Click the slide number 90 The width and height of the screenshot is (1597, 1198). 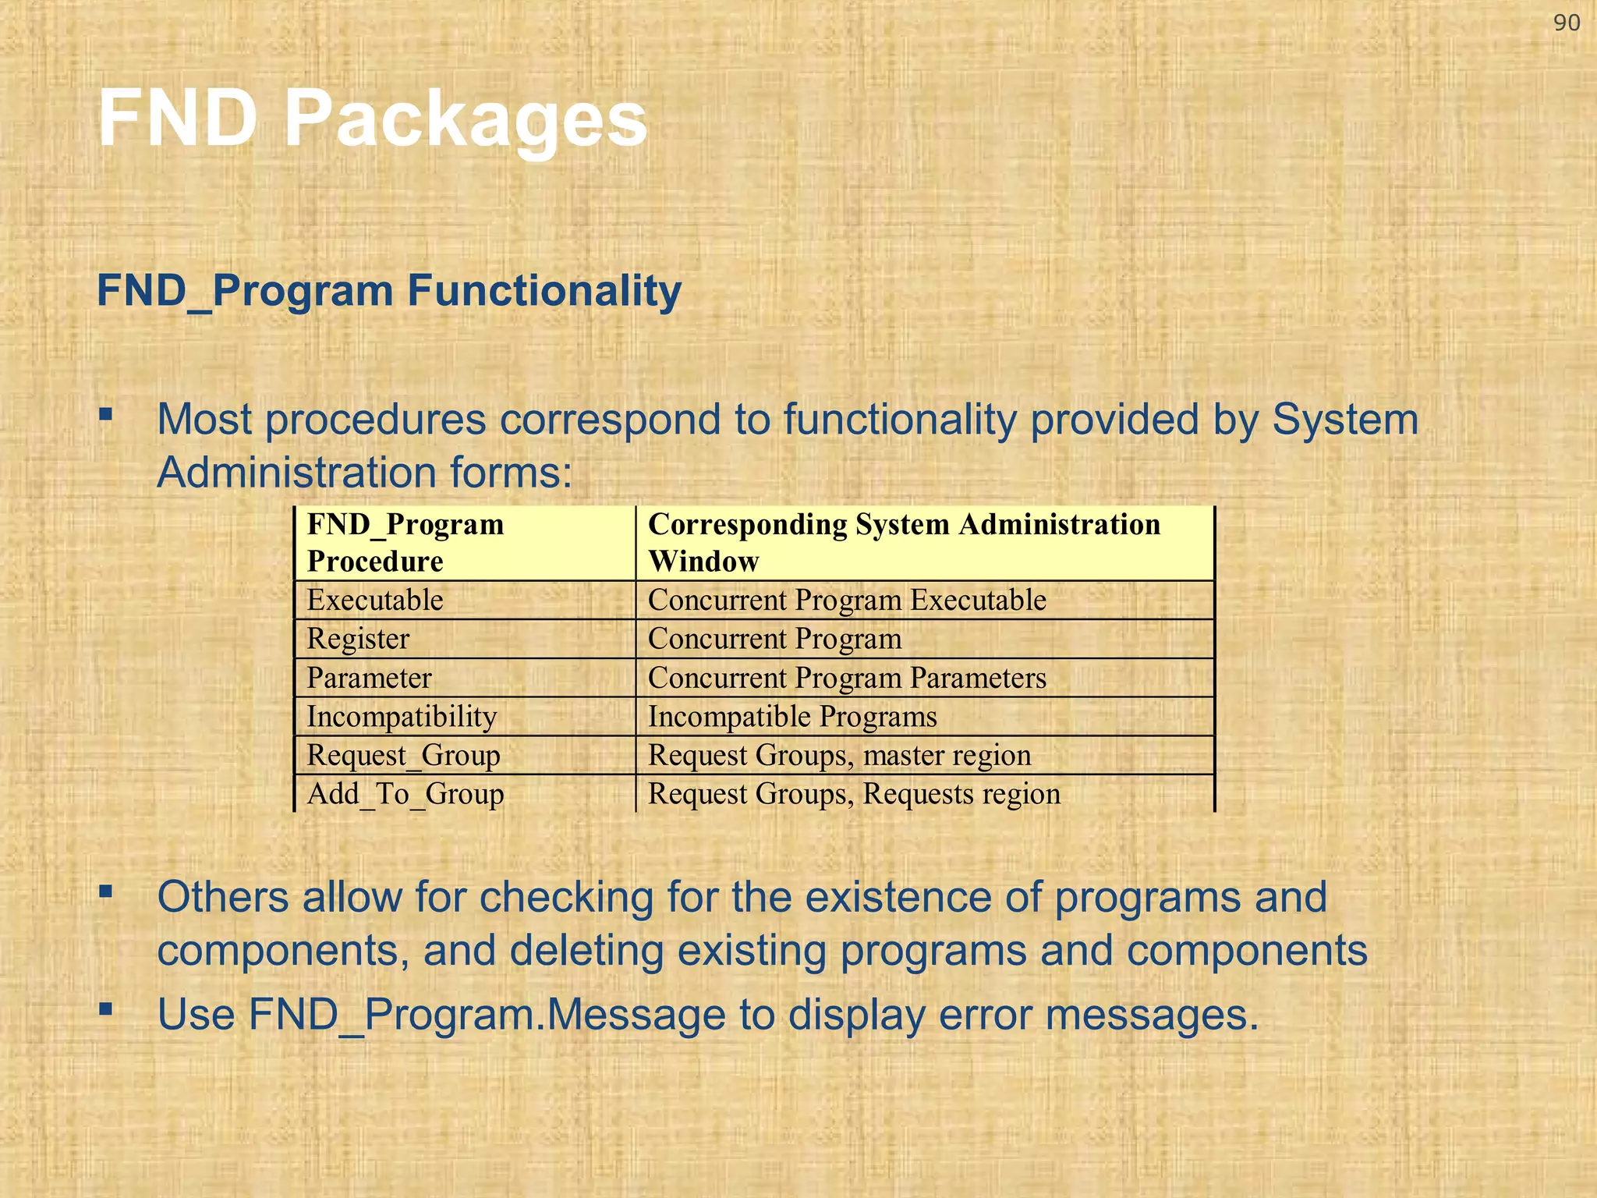click(x=1566, y=23)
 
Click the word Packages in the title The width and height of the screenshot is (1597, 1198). click(x=465, y=119)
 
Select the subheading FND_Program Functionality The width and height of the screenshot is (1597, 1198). click(x=388, y=290)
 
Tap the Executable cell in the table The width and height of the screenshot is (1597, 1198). click(x=375, y=600)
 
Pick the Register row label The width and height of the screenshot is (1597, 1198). click(x=358, y=639)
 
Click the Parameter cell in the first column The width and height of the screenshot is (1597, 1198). click(x=369, y=678)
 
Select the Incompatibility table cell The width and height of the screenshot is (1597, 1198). click(x=402, y=716)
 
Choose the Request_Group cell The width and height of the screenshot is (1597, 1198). click(x=403, y=755)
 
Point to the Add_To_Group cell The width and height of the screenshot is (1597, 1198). click(x=405, y=794)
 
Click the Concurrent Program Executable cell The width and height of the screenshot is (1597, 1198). click(x=847, y=600)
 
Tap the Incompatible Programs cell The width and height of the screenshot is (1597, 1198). click(x=792, y=716)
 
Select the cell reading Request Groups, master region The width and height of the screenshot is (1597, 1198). click(x=839, y=755)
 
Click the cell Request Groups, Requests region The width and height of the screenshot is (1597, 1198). click(x=854, y=794)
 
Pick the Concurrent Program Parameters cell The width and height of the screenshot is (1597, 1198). click(x=847, y=678)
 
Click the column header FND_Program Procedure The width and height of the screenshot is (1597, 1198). click(x=405, y=542)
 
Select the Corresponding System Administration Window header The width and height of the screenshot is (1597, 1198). click(x=904, y=542)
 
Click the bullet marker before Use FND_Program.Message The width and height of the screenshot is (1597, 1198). click(x=106, y=1009)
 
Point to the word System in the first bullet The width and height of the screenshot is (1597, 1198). click(x=1344, y=420)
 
